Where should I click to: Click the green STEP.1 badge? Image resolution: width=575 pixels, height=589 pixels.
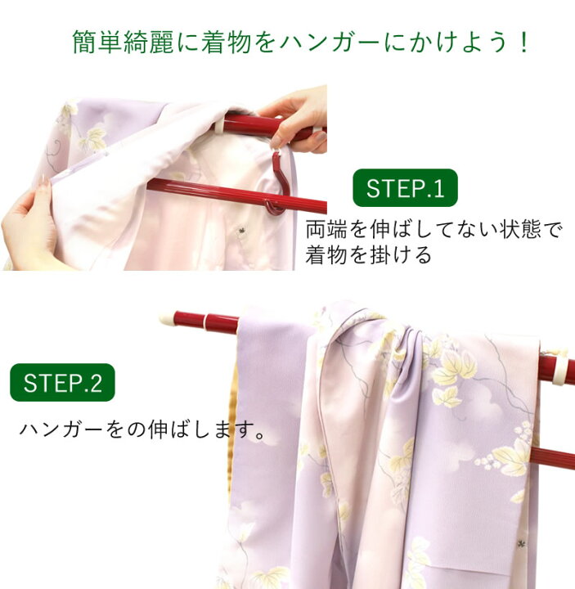(405, 188)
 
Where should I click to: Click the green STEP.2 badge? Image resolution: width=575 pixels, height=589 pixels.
(62, 382)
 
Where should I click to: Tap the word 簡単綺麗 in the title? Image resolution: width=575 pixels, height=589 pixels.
(123, 42)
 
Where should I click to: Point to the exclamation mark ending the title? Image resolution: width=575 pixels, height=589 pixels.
(523, 42)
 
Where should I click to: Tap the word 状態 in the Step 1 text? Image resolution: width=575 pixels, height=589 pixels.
(520, 229)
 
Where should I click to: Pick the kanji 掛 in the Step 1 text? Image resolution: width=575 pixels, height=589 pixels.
(380, 255)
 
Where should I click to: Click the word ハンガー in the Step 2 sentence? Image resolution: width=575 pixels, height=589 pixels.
(61, 429)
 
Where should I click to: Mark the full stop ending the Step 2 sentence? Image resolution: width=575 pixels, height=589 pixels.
(259, 434)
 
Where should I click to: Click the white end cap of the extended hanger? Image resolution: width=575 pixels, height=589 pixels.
(166, 319)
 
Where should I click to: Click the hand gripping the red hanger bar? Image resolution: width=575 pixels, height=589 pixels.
(297, 119)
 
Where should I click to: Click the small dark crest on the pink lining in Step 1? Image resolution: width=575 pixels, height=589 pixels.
(240, 229)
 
